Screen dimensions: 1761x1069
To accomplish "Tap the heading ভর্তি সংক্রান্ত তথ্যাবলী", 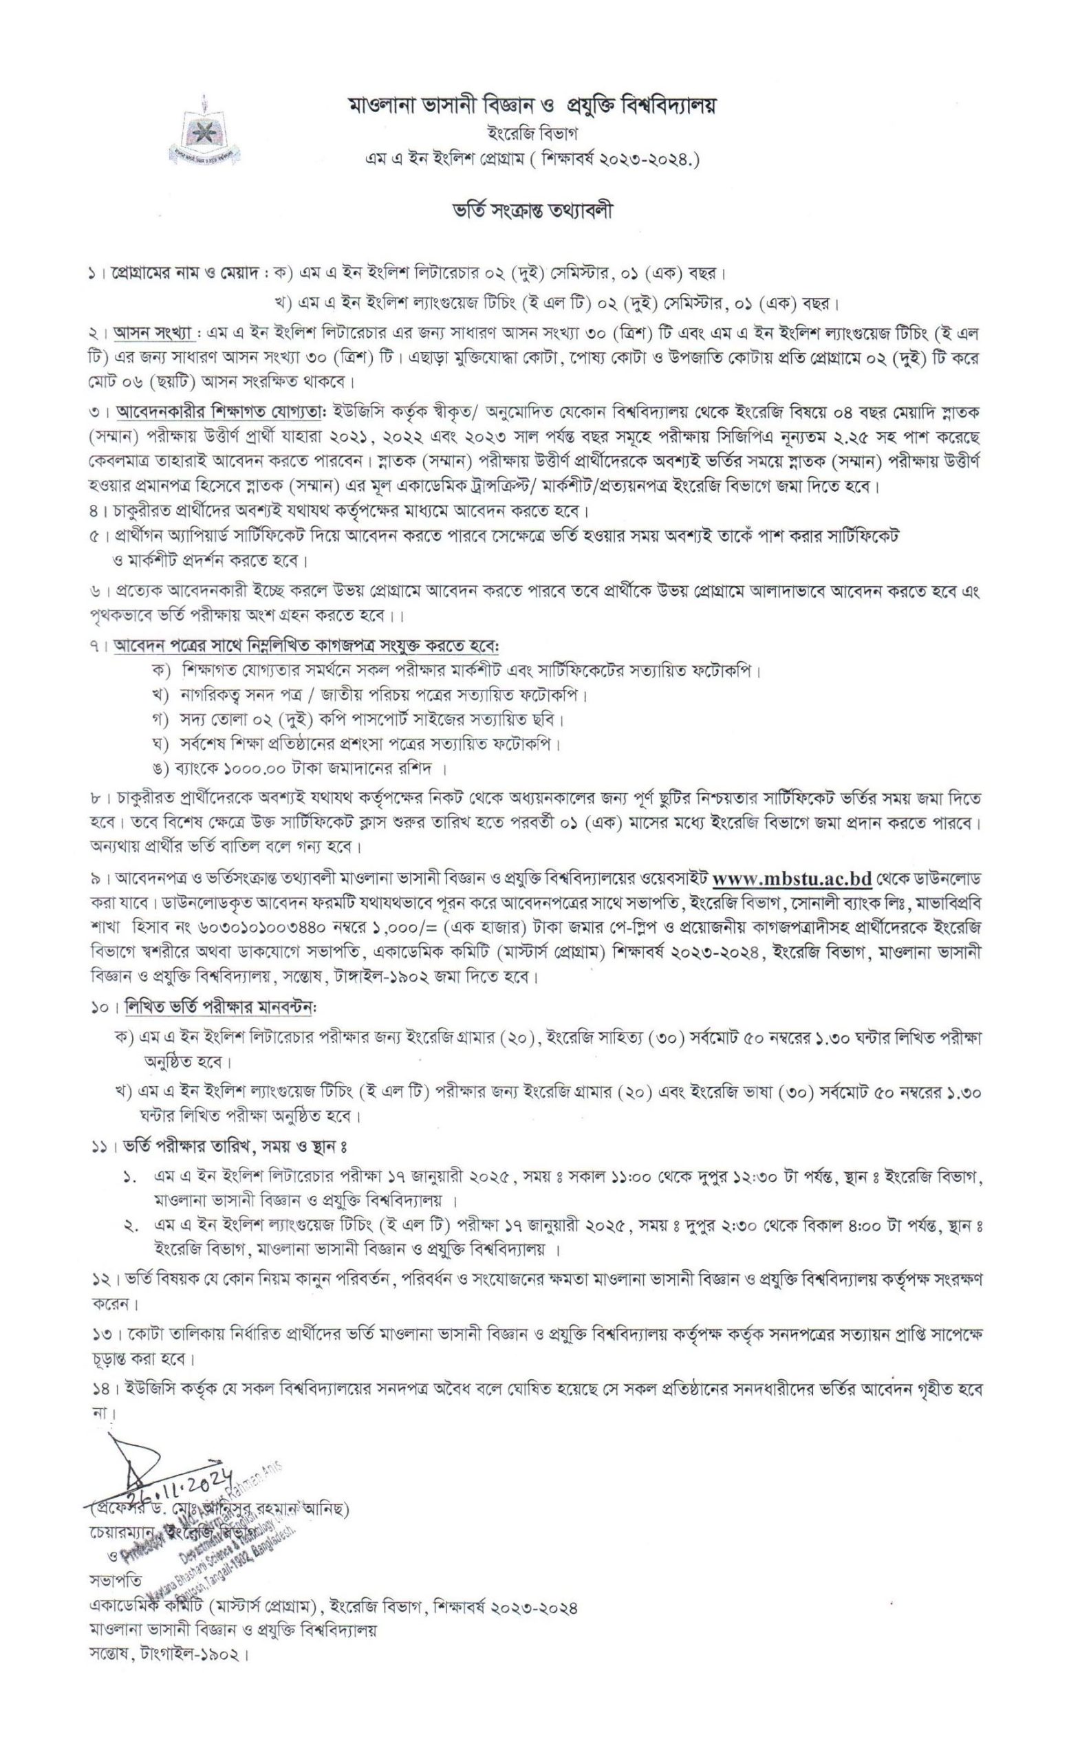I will coord(534,213).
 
